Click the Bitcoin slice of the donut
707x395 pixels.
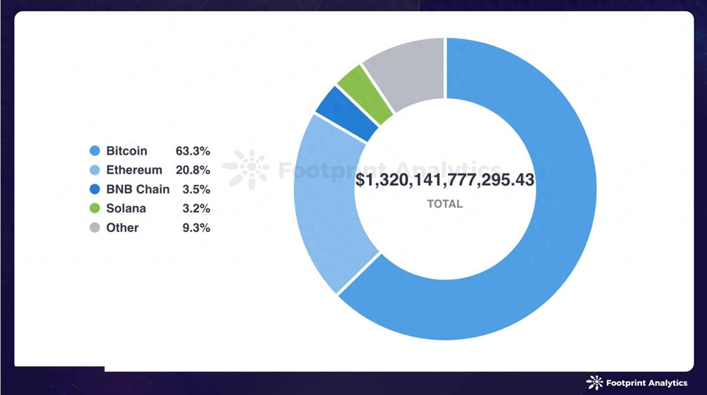coord(552,241)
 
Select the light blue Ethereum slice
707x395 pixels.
coord(328,200)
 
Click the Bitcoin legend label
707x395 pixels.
coord(126,151)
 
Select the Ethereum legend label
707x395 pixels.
coord(134,170)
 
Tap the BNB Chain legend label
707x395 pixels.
coord(138,189)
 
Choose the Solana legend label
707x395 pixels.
coord(126,208)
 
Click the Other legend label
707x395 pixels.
coord(122,227)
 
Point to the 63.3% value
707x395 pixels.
coord(193,151)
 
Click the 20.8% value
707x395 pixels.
coord(193,170)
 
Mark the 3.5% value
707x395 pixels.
coord(196,189)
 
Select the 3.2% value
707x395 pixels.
coord(196,208)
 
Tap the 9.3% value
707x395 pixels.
coord(196,227)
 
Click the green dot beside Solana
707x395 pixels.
coord(95,208)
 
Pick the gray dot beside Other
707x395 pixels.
coord(95,227)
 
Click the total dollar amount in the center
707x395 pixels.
coord(445,180)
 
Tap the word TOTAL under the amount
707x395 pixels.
coord(445,204)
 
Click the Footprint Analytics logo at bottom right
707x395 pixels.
coord(637,383)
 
